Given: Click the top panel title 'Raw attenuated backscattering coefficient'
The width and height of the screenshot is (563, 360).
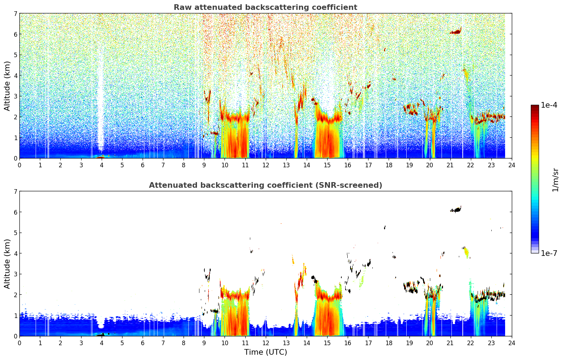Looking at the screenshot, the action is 265,7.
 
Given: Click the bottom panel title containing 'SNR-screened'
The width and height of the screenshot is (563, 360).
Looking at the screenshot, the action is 265,185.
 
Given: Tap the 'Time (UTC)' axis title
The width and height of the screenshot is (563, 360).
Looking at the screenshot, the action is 265,352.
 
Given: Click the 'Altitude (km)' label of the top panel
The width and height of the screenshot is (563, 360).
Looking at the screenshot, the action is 7,86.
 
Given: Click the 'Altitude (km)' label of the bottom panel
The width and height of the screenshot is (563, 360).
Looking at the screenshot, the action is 7,264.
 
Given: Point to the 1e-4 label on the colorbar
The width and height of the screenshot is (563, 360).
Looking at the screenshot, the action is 549,105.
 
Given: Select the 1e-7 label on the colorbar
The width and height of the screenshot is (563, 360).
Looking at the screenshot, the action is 549,253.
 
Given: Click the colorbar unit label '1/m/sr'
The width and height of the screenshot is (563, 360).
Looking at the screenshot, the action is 555,180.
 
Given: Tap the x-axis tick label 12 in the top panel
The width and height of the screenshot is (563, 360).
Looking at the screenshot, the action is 266,165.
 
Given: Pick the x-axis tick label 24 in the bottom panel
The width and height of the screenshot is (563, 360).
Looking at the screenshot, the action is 512,343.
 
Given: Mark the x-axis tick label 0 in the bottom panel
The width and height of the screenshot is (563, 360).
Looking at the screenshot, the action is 20,343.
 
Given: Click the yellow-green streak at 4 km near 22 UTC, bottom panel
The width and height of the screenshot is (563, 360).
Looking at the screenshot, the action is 467,252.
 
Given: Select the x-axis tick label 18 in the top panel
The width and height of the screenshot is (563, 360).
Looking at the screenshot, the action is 389,165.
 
